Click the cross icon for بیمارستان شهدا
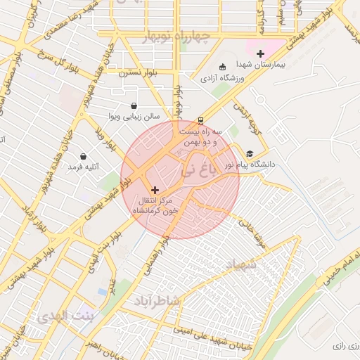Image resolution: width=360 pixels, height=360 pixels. (260, 53)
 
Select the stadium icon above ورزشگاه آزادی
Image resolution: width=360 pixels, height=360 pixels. (223, 67)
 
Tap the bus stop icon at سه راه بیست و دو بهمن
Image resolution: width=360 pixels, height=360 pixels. (201, 120)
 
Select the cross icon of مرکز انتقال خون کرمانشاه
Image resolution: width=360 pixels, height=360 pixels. (155, 190)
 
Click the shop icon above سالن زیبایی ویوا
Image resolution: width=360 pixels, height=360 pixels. (134, 106)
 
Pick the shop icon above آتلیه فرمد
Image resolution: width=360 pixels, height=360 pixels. (84, 156)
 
